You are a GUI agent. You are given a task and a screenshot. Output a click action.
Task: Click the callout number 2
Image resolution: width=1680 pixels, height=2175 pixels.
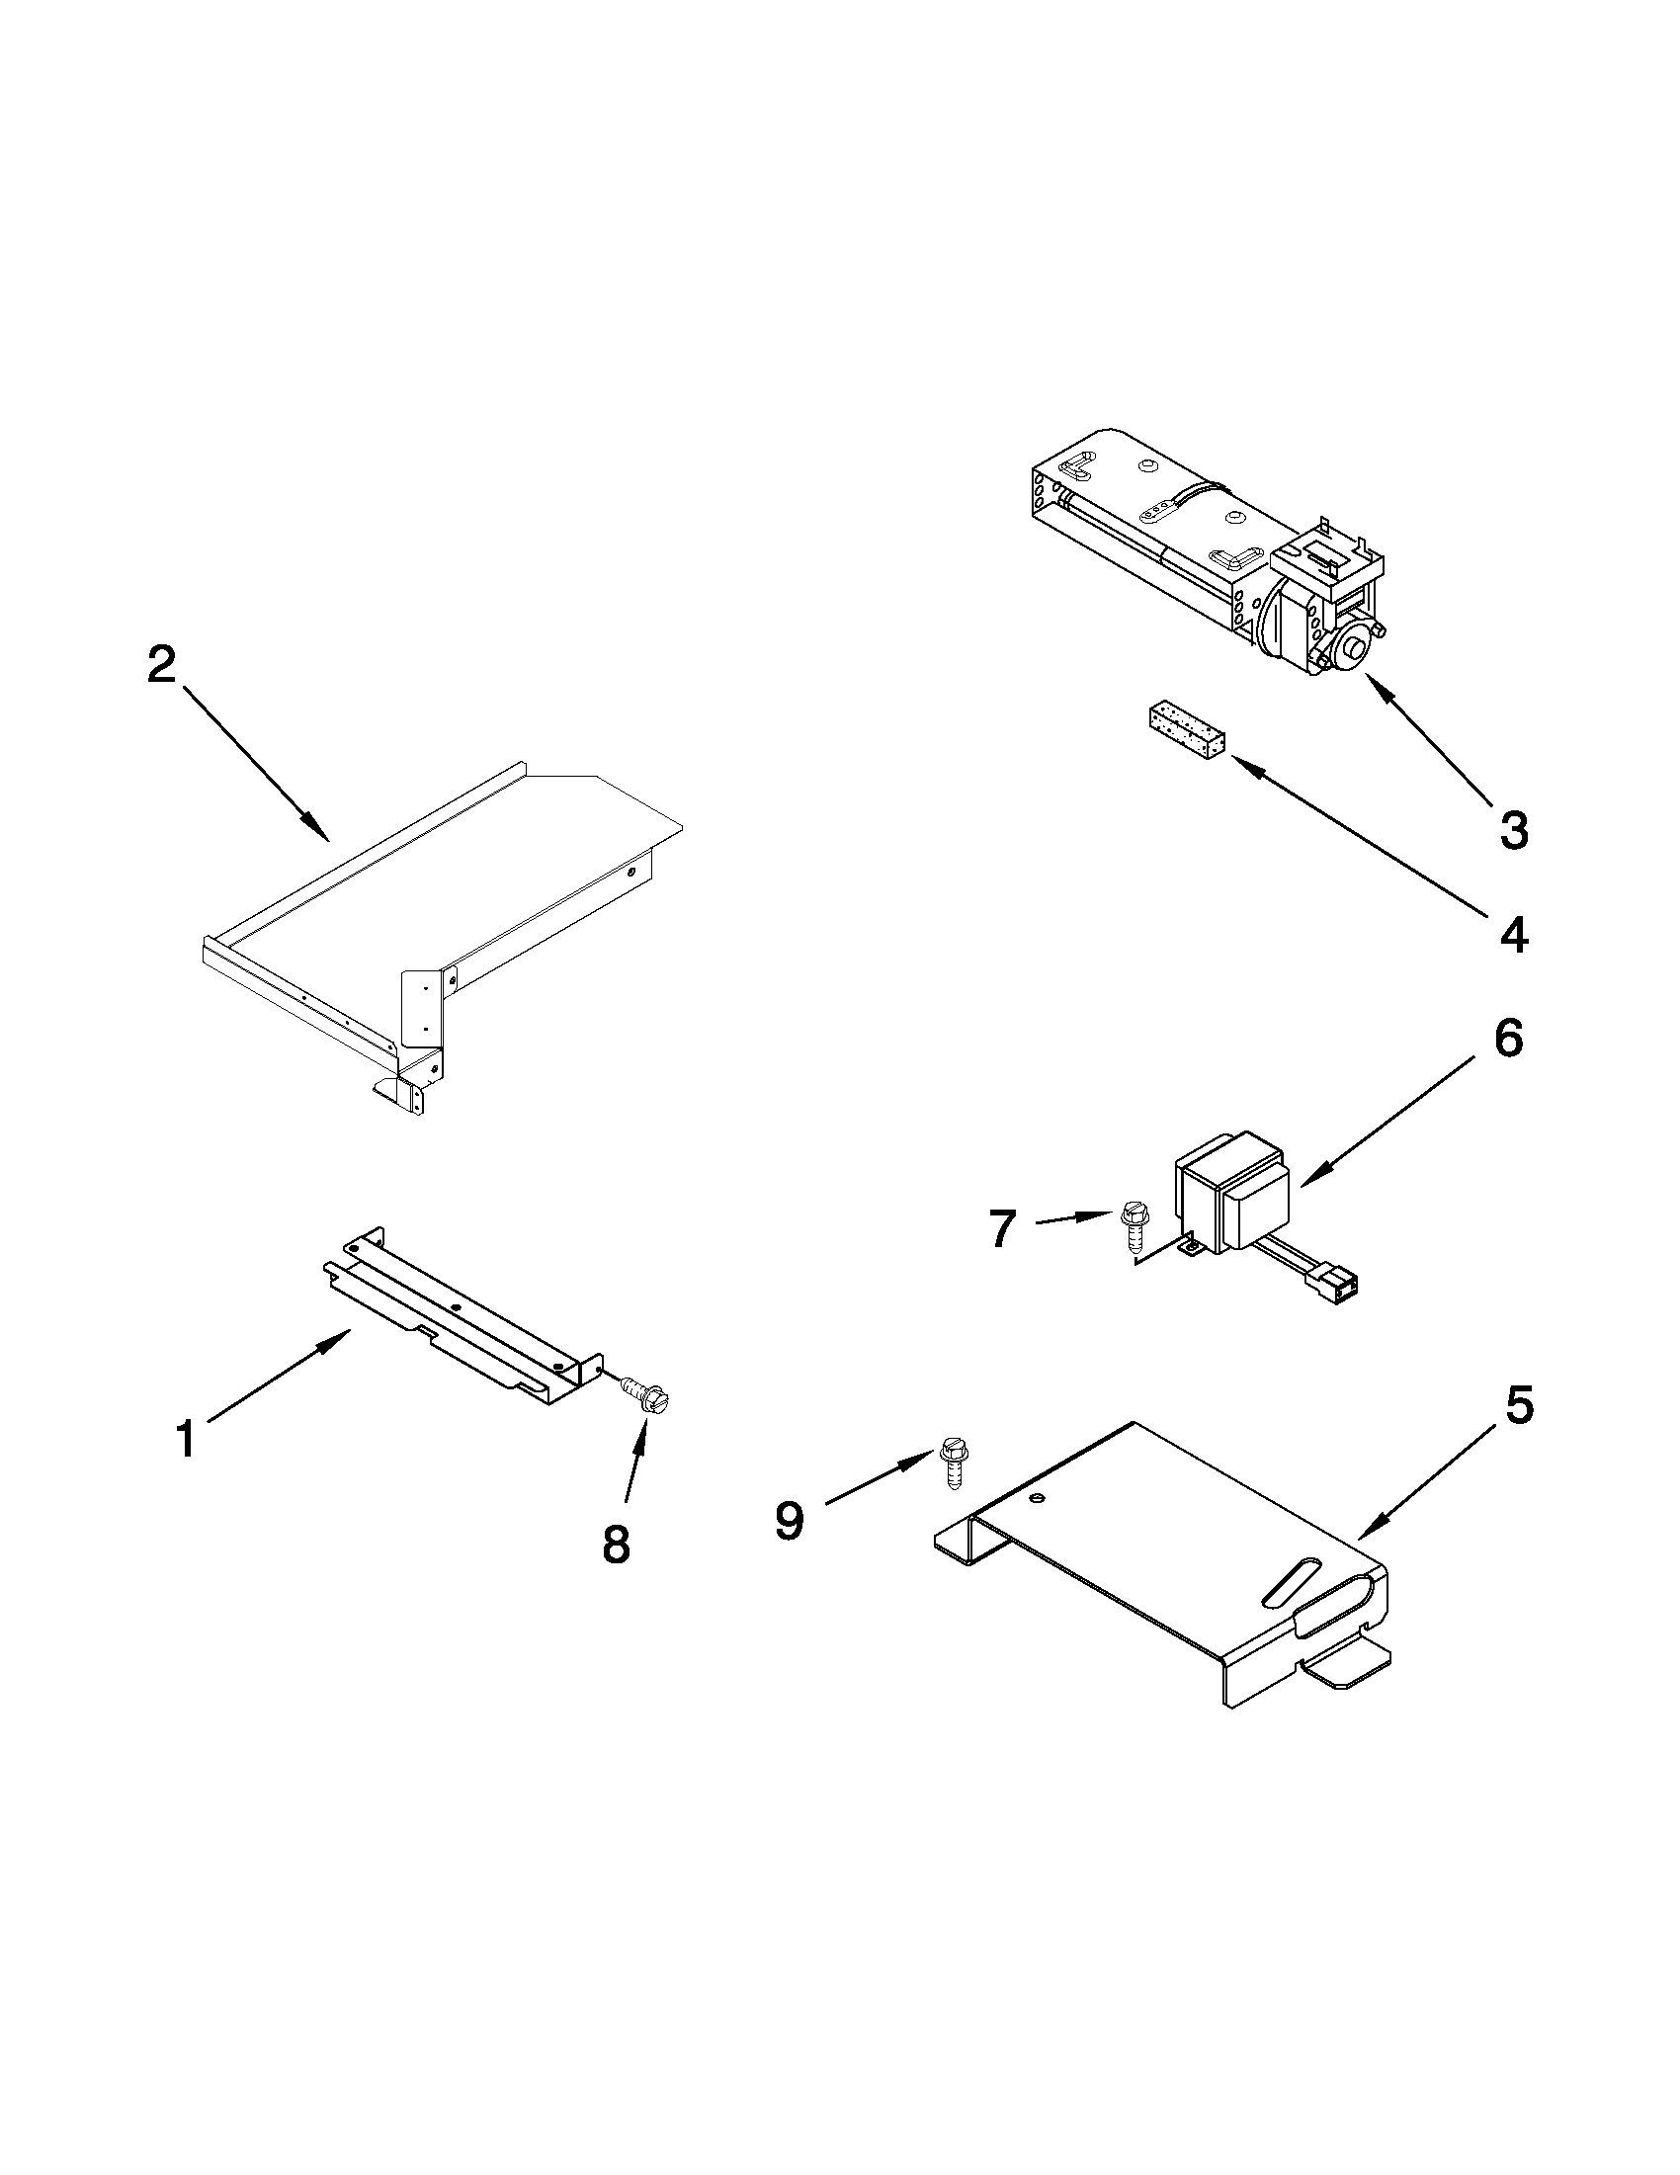[161, 665]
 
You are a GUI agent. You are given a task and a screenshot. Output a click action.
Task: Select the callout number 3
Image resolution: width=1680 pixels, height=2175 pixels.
[1513, 829]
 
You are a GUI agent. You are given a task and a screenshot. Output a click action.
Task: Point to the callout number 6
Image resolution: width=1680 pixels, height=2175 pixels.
[1508, 1039]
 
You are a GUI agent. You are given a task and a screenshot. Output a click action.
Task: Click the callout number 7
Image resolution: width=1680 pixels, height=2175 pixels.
[1002, 1229]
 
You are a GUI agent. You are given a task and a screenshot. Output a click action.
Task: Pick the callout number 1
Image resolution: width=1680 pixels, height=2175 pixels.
[186, 1439]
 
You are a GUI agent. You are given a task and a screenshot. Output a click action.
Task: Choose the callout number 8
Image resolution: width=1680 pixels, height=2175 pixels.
[616, 1544]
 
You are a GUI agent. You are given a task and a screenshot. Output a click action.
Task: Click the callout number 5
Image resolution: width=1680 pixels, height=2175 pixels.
[1519, 1405]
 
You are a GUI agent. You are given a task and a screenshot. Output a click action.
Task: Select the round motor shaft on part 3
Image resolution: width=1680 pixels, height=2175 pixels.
[1353, 649]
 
